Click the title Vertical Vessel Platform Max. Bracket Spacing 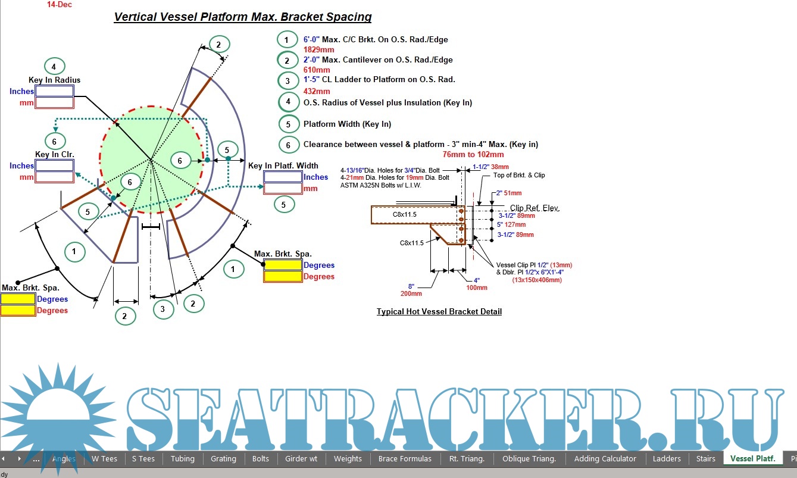pyautogui.click(x=243, y=17)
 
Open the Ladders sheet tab pyautogui.click(x=667, y=458)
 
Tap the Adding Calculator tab pyautogui.click(x=605, y=458)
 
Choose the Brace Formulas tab pyautogui.click(x=404, y=458)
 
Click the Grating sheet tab pyautogui.click(x=223, y=458)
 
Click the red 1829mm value pyautogui.click(x=318, y=49)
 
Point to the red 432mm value pyautogui.click(x=317, y=91)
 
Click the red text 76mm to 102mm pyautogui.click(x=473, y=154)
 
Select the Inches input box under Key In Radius pyautogui.click(x=54, y=91)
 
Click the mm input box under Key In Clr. pyautogui.click(x=54, y=177)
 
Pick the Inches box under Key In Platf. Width pyautogui.click(x=283, y=177)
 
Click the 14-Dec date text pyautogui.click(x=60, y=4)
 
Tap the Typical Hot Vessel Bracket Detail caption pyautogui.click(x=439, y=311)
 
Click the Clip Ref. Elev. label pyautogui.click(x=535, y=208)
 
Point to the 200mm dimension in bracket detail pyautogui.click(x=411, y=293)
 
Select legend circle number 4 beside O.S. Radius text pyautogui.click(x=288, y=102)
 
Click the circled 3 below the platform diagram pyautogui.click(x=162, y=309)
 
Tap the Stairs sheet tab pyautogui.click(x=706, y=458)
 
